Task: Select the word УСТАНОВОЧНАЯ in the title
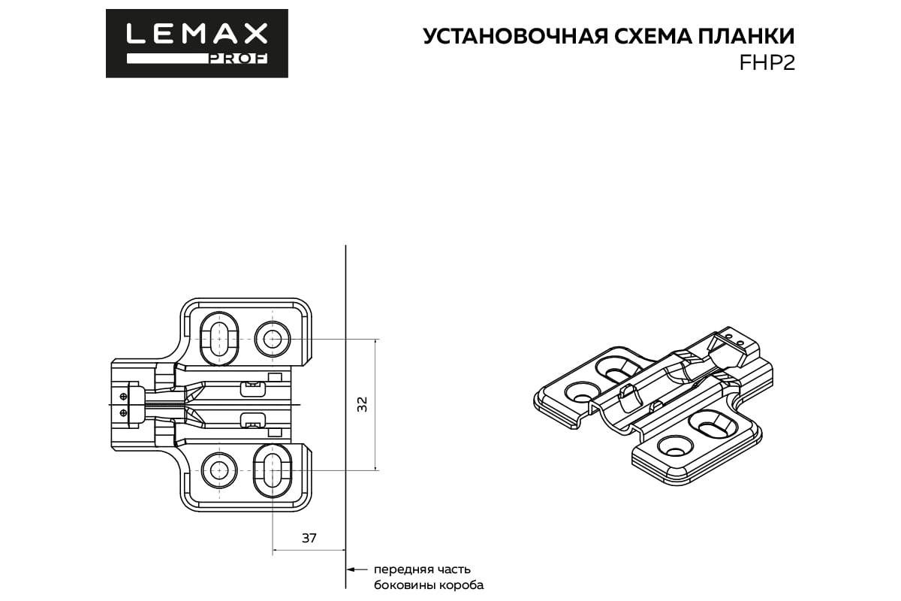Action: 510,37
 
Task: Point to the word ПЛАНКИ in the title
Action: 745,37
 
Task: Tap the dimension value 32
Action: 363,404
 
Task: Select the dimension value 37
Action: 309,538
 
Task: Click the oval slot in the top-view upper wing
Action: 219,340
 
